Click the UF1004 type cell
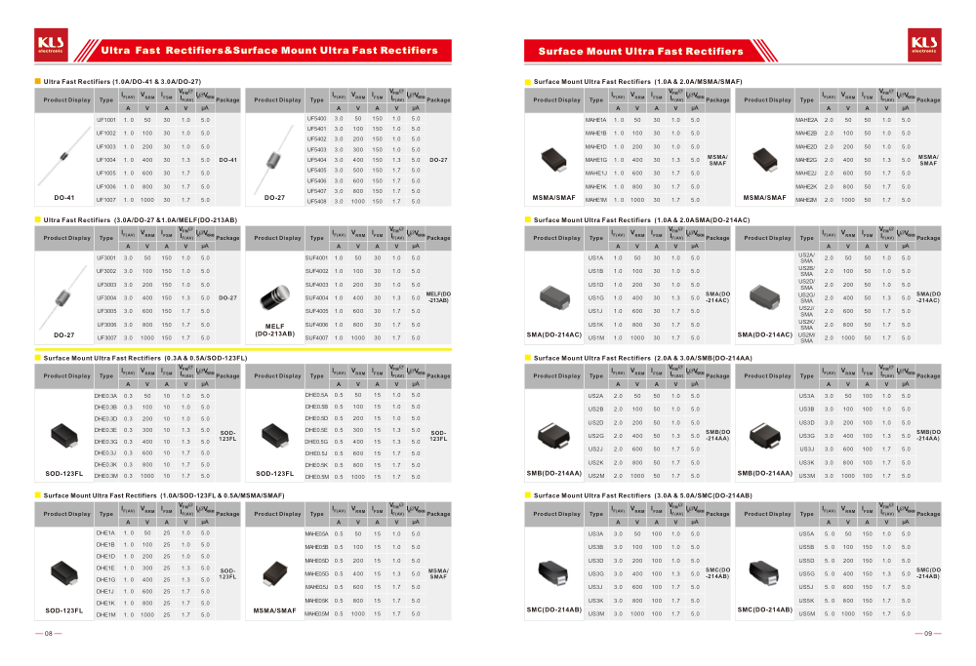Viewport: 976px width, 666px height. pyautogui.click(x=106, y=159)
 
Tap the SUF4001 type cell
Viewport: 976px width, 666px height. pyautogui.click(x=316, y=256)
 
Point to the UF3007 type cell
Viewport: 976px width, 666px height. pyautogui.click(x=106, y=337)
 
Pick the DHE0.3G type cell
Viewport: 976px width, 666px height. pyautogui.click(x=105, y=442)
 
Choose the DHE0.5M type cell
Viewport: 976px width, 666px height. pyautogui.click(x=317, y=476)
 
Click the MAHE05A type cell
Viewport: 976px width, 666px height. pyautogui.click(x=317, y=533)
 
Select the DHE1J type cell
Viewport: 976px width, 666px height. pyautogui.click(x=105, y=591)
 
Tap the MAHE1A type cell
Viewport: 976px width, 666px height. pyautogui.click(x=595, y=119)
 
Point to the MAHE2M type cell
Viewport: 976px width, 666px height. pyautogui.click(x=806, y=200)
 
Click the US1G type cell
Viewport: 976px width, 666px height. pyautogui.click(x=595, y=296)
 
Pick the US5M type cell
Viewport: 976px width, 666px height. pyautogui.click(x=806, y=613)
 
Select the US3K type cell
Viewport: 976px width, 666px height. pyautogui.click(x=806, y=462)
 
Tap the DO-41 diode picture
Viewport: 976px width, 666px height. pyautogui.click(x=63, y=161)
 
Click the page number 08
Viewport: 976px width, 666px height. pyautogui.click(x=47, y=634)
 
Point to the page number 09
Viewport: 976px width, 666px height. pyautogui.click(x=929, y=634)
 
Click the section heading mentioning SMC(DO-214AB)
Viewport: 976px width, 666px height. pyautogui.click(x=643, y=496)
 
